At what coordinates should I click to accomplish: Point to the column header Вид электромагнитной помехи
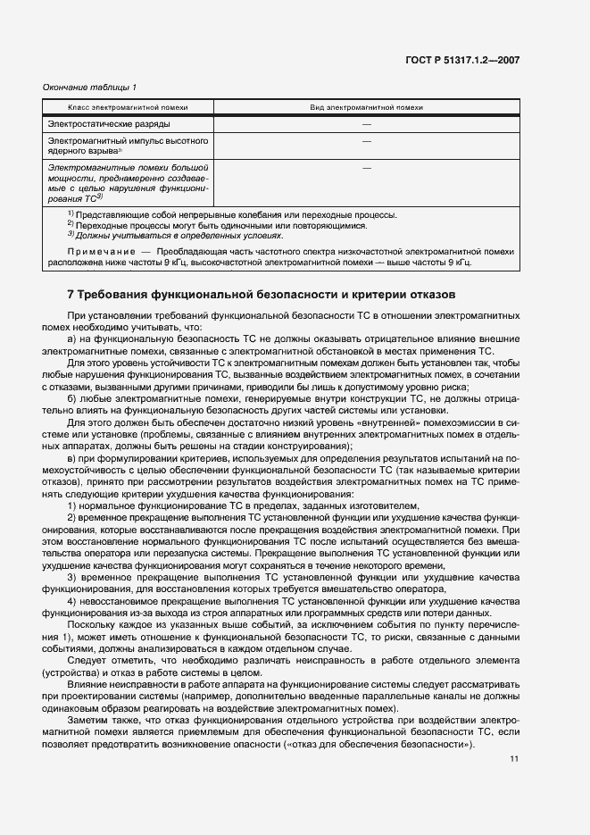click(x=366, y=107)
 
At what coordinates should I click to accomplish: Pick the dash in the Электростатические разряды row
click(x=366, y=124)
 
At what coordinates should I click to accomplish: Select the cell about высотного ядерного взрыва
click(x=128, y=146)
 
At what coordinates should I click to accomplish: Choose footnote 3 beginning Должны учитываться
click(x=179, y=235)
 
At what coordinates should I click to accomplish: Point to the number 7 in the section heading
click(x=71, y=294)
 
